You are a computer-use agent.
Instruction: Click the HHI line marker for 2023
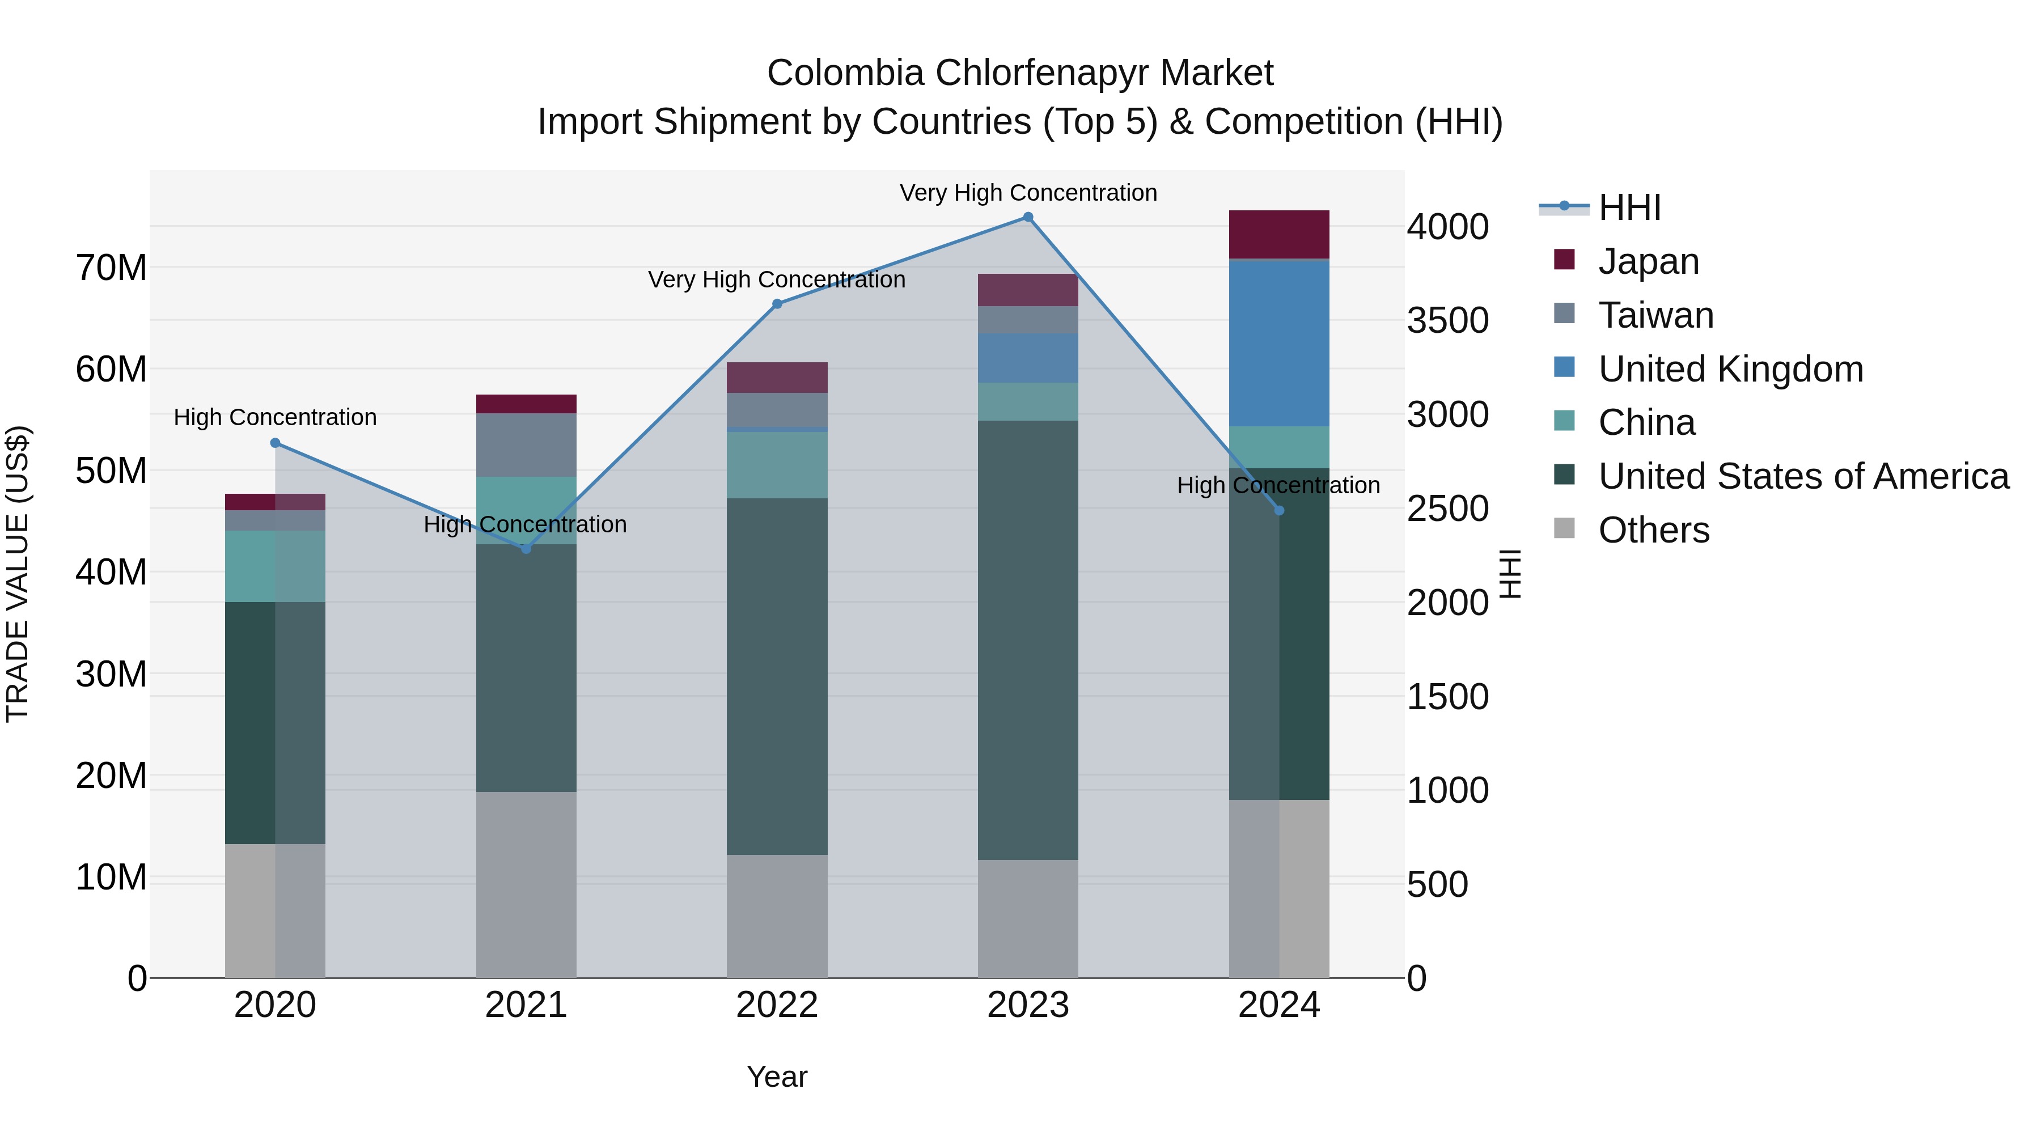1028,217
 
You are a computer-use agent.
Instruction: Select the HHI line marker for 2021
526,548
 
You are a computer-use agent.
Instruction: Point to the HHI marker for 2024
1279,510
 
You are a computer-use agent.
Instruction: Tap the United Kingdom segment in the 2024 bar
1279,343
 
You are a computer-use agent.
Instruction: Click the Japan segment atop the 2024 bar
1279,235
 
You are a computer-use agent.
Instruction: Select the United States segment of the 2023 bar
1028,640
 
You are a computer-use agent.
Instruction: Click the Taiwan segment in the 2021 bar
526,444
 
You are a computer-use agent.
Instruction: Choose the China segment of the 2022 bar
777,465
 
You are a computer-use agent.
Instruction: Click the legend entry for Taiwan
1656,315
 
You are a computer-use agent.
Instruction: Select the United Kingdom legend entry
1730,369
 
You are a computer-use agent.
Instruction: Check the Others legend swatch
1564,528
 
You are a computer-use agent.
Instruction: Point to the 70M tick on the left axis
111,268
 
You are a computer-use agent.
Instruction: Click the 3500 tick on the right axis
1447,321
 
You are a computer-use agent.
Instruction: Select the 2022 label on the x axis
777,1005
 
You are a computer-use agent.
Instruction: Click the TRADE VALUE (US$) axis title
18,574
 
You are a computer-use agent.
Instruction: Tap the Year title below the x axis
777,1077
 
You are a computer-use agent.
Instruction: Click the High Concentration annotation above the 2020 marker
275,417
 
